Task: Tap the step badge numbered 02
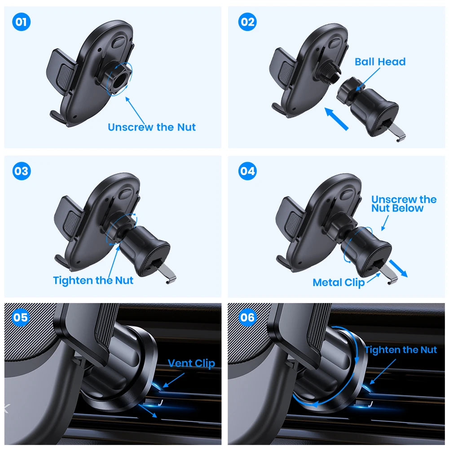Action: [247, 22]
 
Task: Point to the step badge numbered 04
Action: [247, 171]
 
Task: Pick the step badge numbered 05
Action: [20, 318]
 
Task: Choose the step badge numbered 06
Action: [247, 318]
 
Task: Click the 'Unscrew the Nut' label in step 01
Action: [152, 127]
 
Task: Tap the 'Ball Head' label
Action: [380, 62]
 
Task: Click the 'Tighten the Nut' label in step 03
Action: [93, 281]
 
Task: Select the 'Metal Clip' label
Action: [339, 282]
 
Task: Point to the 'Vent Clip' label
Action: [191, 363]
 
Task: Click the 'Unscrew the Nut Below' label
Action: [403, 204]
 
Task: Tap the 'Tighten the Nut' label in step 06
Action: [401, 350]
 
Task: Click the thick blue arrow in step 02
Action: [336, 118]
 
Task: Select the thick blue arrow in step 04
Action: [399, 269]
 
